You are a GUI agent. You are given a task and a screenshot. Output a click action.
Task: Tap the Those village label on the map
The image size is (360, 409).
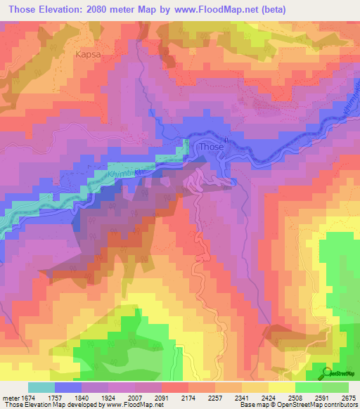(x=211, y=147)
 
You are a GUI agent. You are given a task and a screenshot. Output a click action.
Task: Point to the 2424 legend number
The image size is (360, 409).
(x=290, y=397)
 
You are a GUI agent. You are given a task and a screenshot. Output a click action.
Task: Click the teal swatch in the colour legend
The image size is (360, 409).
(x=41, y=387)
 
